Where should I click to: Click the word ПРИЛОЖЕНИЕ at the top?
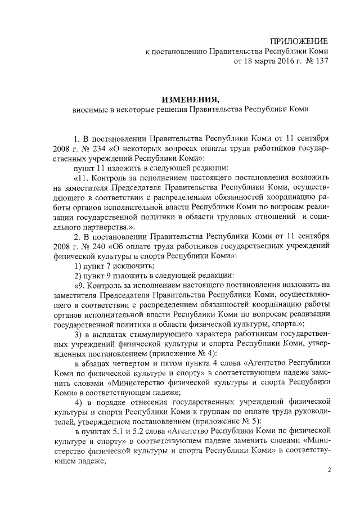[299, 40]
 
